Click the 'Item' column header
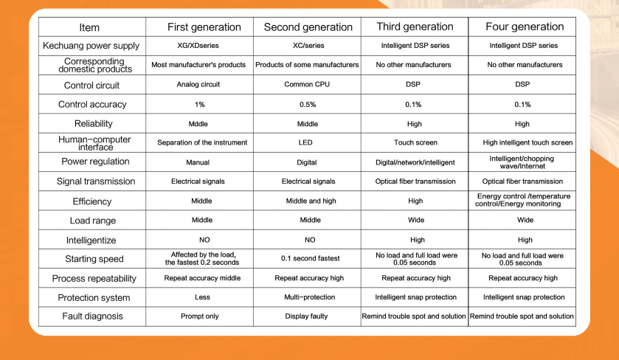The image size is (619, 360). point(89,27)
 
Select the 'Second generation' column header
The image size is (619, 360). point(308,27)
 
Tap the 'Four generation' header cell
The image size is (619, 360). point(525,27)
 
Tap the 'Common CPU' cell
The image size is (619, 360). point(308,85)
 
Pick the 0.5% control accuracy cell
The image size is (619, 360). point(308,105)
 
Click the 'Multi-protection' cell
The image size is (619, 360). point(309,297)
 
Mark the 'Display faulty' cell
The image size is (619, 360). point(308,316)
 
